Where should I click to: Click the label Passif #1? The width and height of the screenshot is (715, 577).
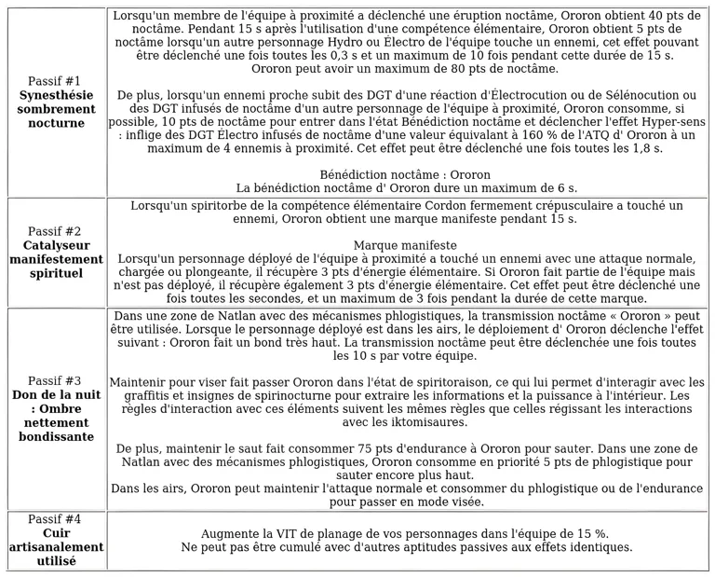[x=55, y=81]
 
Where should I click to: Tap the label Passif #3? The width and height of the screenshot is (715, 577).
[x=55, y=380]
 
